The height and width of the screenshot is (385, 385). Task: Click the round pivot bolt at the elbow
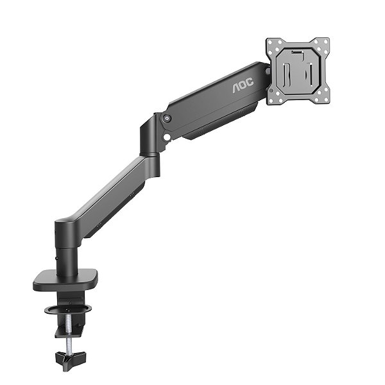point(167,119)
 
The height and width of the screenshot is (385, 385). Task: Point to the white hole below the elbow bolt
point(166,136)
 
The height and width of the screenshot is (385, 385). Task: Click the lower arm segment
point(109,193)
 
